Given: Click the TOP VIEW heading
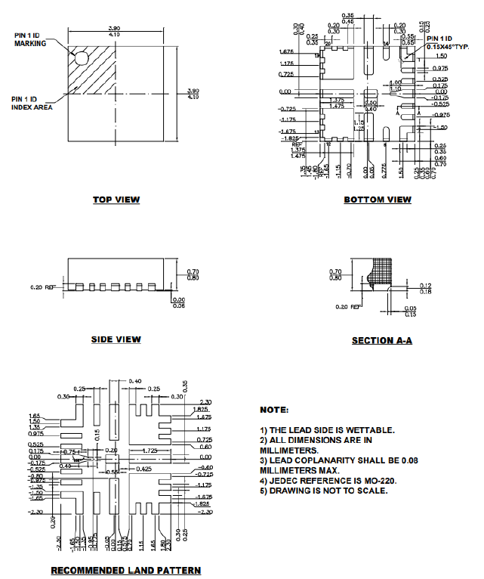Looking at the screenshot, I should point(116,200).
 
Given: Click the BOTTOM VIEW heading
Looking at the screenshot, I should point(378,200).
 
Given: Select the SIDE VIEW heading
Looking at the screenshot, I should point(116,339).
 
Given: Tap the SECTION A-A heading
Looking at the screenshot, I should point(382,341).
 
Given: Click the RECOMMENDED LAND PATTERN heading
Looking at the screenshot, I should point(125,569).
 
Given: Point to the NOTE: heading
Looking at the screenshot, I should point(274,410).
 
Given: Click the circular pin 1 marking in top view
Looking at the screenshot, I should point(80,56).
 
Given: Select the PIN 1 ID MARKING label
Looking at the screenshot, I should point(30,39).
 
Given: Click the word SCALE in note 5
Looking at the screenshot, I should point(369,491).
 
